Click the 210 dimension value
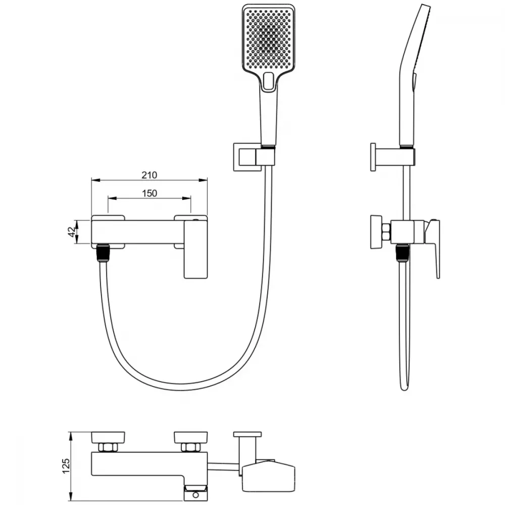point(149,175)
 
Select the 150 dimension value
point(149,193)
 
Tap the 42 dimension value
point(72,232)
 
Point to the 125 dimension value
point(65,466)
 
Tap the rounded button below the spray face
point(268,81)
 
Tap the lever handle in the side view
point(433,248)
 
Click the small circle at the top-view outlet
point(196,495)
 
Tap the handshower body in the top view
point(268,474)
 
